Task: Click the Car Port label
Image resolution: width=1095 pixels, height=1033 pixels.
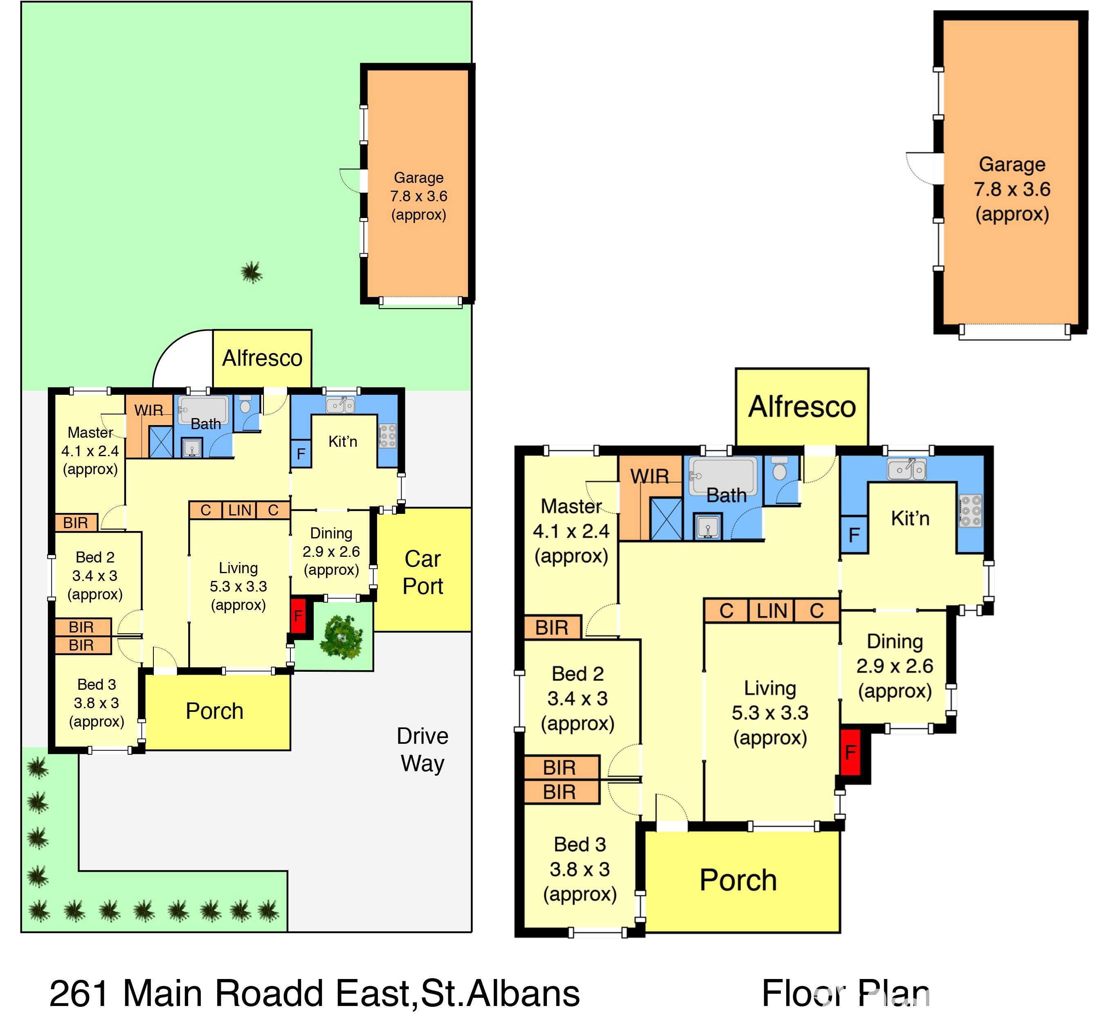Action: point(423,572)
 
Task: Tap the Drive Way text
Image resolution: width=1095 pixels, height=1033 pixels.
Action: point(423,750)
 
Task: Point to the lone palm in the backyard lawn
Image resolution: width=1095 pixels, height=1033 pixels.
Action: point(252,272)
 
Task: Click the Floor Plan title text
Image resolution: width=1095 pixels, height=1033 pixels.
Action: point(845,993)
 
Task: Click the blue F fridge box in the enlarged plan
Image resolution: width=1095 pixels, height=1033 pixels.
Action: point(854,534)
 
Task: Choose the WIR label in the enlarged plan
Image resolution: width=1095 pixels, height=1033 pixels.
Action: point(650,476)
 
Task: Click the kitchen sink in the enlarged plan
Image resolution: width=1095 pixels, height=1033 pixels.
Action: point(906,469)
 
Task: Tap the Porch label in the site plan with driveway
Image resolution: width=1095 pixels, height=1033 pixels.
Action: point(214,711)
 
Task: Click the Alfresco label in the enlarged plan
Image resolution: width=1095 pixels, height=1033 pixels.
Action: point(802,407)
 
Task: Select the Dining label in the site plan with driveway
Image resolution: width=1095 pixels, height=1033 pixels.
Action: point(331,533)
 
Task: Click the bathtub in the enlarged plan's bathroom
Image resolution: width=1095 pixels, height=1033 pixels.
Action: point(723,476)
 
